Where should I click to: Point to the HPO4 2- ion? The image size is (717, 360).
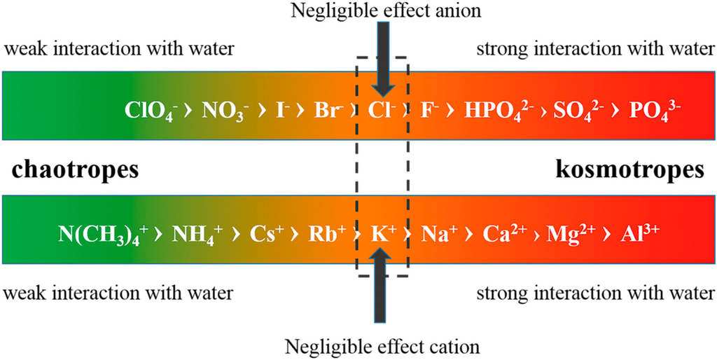pyautogui.click(x=495, y=111)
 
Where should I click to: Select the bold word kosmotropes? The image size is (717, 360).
pyautogui.click(x=629, y=171)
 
